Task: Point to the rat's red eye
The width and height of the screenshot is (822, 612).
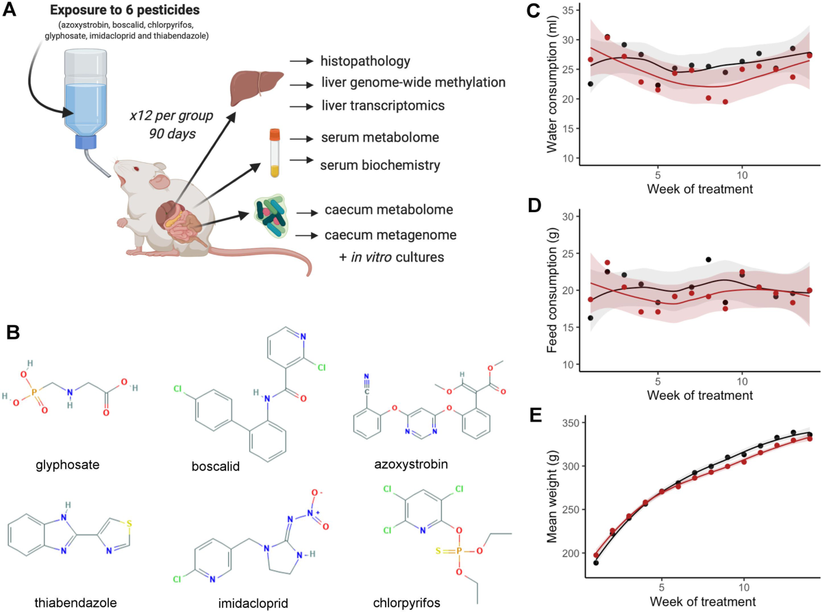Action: click(136, 169)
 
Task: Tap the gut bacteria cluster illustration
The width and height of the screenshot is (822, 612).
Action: click(275, 220)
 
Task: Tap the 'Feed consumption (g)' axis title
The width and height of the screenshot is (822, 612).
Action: click(552, 292)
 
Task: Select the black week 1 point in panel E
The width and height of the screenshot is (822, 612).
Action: click(596, 563)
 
